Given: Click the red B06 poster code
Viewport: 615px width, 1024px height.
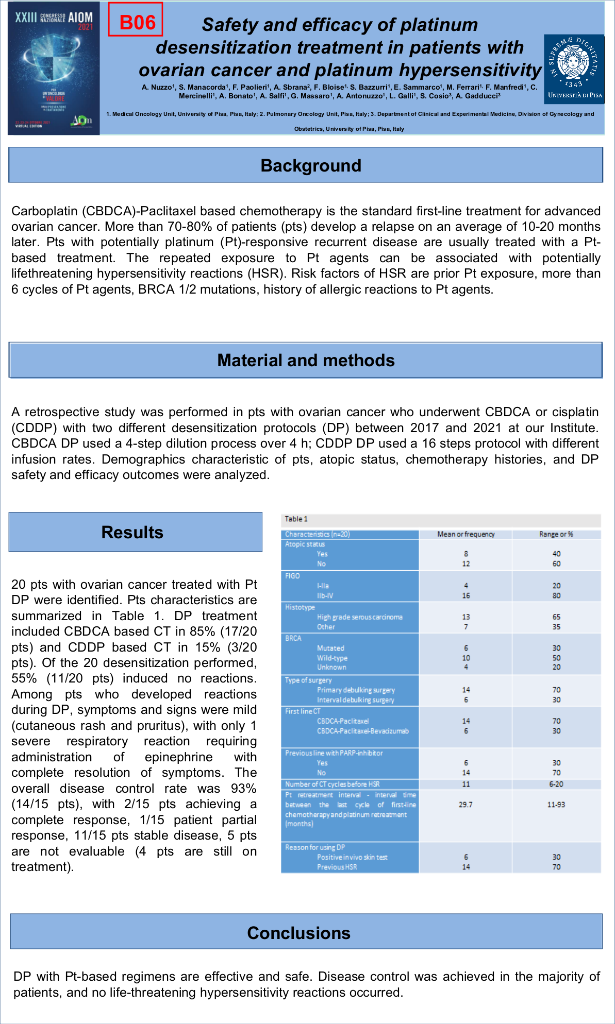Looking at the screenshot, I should point(136,21).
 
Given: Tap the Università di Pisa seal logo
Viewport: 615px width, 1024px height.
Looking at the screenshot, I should point(574,66).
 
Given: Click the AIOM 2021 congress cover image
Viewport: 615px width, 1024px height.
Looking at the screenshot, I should point(54,68).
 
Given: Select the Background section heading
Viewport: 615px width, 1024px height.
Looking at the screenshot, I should point(310,165).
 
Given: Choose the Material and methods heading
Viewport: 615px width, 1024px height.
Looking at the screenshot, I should point(306,360).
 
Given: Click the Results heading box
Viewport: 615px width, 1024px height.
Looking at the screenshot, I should point(132,532).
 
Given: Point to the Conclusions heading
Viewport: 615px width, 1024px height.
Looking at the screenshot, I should point(299,933).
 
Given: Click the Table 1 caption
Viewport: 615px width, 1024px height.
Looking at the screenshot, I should point(296,519).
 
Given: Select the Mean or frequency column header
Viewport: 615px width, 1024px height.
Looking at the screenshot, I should point(466,534).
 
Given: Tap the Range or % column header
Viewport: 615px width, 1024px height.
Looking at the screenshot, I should point(556,534).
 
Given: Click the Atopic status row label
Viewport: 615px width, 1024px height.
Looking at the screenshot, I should point(305,544).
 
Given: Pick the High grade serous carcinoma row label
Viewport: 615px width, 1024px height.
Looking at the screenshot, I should point(359,617).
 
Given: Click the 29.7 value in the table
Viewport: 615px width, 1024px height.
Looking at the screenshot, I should point(466,805).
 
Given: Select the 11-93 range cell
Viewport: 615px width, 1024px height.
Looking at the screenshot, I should point(556,805).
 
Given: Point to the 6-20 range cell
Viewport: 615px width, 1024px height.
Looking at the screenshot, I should point(556,784).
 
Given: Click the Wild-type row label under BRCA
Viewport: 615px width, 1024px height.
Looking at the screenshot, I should point(332,658).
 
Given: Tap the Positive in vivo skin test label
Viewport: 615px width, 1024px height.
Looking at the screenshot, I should point(352,857).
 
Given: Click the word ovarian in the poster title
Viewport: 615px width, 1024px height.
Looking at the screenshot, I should point(172,70).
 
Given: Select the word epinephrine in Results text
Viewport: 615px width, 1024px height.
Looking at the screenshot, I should point(178,757).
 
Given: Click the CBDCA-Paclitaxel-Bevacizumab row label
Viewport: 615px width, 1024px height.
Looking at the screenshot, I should point(362,731).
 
